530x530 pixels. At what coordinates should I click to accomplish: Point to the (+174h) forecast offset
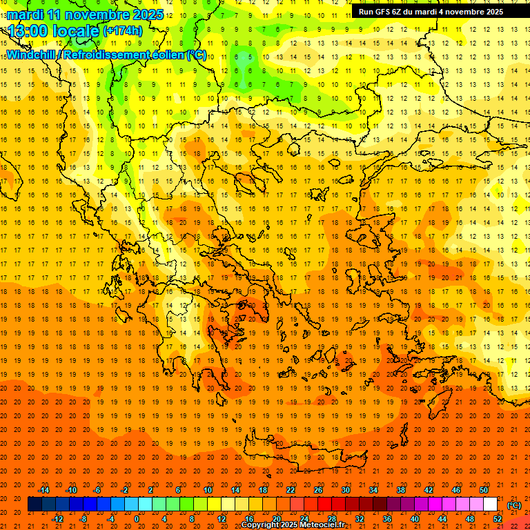point(122,30)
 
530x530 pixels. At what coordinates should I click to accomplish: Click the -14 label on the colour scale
point(44,489)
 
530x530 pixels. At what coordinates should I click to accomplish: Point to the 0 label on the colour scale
point(137,519)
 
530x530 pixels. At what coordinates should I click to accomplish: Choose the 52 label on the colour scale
point(498,519)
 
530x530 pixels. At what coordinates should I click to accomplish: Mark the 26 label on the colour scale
point(317,489)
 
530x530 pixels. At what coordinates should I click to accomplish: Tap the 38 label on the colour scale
point(400,489)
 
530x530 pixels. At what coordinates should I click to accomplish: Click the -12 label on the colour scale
point(57,519)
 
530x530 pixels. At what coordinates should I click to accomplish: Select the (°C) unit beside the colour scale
point(514,504)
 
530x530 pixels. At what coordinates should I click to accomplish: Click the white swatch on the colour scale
point(490,504)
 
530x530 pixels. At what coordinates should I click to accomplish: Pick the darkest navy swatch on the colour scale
point(35,504)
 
